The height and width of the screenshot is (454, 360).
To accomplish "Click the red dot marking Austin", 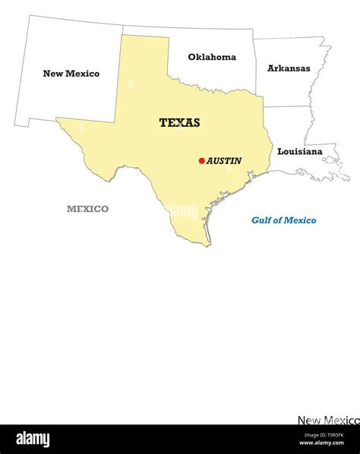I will click(201, 160).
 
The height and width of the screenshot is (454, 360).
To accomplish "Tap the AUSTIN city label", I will click(224, 161).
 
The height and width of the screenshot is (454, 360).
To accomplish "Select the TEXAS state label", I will click(180, 122).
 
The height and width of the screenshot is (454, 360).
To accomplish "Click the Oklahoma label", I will click(212, 57).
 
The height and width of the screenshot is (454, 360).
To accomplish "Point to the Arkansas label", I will click(289, 68).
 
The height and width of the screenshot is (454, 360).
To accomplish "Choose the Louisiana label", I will click(299, 151).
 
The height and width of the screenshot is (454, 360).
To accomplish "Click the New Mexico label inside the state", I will click(71, 74).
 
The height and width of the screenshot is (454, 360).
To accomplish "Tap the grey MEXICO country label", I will click(87, 209).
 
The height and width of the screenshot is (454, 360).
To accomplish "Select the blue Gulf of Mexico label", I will click(284, 220).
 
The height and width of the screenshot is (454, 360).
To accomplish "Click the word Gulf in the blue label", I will click(262, 220).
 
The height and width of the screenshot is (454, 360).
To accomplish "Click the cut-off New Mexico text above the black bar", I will click(328, 420).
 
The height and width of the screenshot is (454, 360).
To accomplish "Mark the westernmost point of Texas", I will click(56, 118).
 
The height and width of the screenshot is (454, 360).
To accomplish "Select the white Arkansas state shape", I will click(289, 84).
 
